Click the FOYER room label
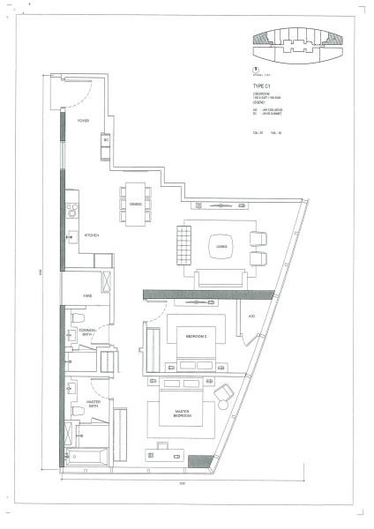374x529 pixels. point(82,121)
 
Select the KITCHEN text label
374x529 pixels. point(91,235)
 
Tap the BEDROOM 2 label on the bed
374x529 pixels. point(196,337)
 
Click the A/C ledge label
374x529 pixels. point(251,316)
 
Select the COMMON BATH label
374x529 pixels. point(86,332)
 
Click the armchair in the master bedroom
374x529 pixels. point(224,393)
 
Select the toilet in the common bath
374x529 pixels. point(77,318)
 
